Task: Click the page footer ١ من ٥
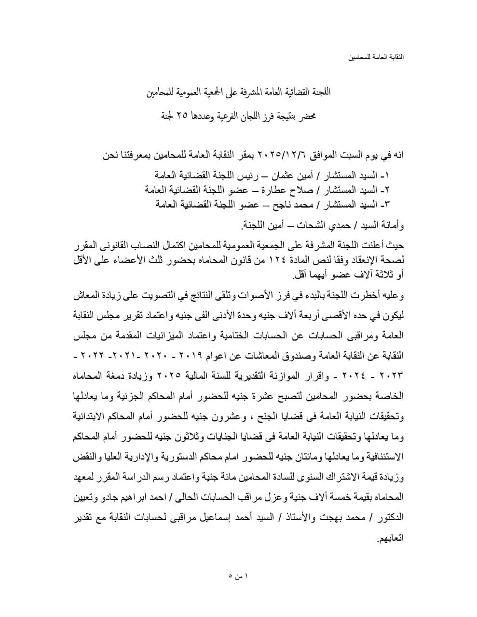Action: (238, 576)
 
